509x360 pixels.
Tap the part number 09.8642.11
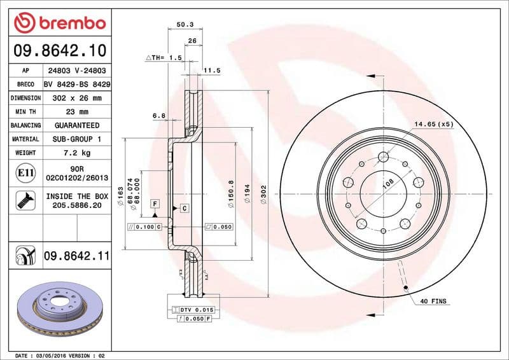(x=77, y=256)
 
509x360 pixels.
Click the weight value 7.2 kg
(x=77, y=153)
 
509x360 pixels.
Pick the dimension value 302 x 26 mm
(x=77, y=98)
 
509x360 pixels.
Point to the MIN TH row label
(x=25, y=112)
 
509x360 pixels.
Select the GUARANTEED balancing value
(x=77, y=125)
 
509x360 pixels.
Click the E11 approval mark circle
(x=25, y=172)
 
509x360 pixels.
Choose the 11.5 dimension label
(x=211, y=70)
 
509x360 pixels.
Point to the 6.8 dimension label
(x=159, y=116)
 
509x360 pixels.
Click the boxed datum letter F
(x=154, y=203)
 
